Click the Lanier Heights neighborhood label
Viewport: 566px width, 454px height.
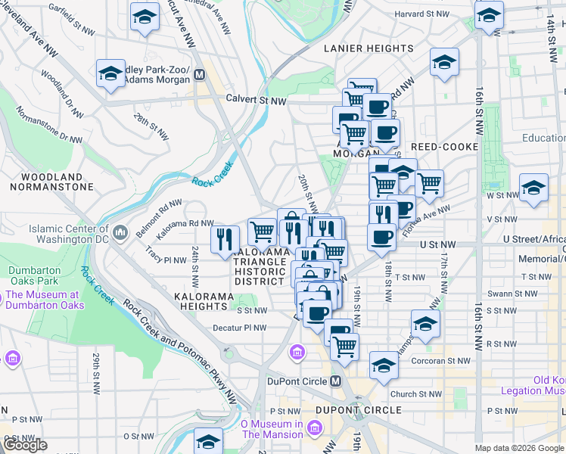pos(369,48)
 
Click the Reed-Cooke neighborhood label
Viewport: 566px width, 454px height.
pos(445,146)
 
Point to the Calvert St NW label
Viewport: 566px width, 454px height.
pos(257,100)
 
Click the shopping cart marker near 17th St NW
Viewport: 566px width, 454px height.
pos(429,182)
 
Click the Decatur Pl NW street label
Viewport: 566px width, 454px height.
pos(240,328)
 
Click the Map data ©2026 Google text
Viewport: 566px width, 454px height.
pos(519,447)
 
